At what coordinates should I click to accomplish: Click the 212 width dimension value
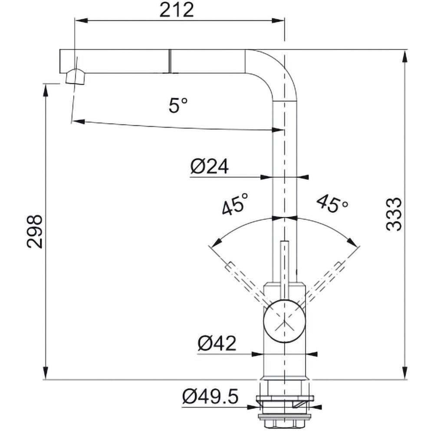point(176,10)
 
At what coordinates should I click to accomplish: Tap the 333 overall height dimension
point(394,214)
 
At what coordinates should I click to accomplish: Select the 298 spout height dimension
point(35,231)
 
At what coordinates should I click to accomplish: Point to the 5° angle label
point(178,105)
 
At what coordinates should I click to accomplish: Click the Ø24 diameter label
point(210,166)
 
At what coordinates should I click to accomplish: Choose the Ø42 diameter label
point(217,343)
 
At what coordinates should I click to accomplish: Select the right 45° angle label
point(332,204)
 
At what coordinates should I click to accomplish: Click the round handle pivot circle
point(285,321)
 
